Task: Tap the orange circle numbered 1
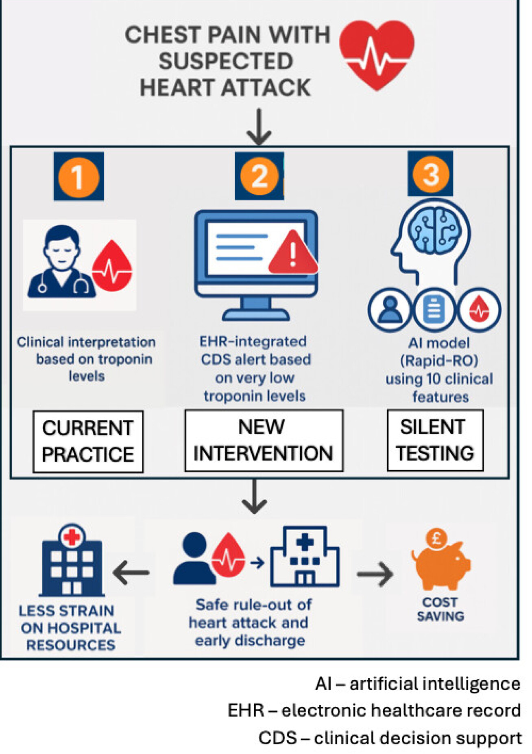coord(78,177)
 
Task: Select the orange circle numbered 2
coord(259,176)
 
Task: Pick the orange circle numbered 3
coord(430,174)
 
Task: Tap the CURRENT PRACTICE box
coord(88,441)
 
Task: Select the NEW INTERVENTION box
coord(264,441)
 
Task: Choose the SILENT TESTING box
coord(435,440)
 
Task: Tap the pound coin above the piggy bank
coord(436,538)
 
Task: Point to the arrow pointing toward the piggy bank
coord(375,574)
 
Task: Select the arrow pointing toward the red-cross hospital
coord(131,572)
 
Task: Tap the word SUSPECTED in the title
coord(226,62)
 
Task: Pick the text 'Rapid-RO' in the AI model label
coord(439,361)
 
